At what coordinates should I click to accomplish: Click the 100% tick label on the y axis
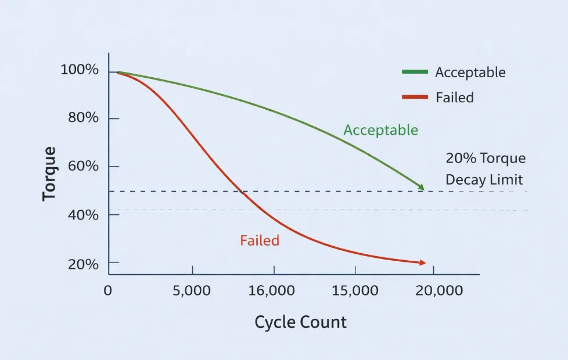coord(80,71)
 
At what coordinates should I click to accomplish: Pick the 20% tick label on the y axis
coord(83,264)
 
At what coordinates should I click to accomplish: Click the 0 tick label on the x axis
coord(108,290)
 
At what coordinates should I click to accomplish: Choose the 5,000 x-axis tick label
coord(192,290)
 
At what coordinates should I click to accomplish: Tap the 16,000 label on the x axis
coord(271,290)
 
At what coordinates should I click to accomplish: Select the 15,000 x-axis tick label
coord(354,290)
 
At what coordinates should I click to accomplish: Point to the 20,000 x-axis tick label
coord(438,290)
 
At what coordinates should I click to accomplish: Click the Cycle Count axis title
coord(300,322)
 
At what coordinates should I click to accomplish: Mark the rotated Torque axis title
coord(50,174)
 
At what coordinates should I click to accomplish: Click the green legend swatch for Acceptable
coord(414,72)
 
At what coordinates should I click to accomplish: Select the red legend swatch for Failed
coord(414,97)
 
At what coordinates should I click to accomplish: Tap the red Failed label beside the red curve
coord(260,240)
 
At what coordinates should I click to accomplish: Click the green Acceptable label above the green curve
coord(380,130)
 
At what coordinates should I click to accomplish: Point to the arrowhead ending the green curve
coord(422,188)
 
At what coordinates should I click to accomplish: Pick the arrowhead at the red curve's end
coord(423,263)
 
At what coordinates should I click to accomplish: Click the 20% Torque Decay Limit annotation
coord(486,168)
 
